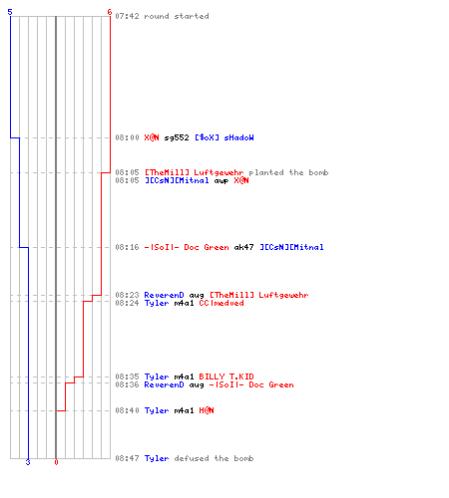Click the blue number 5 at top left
[10, 12]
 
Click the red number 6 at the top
[110, 12]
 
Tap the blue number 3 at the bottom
[28, 462]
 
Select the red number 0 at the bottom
[56, 462]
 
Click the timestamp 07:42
[127, 16]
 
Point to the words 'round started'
[177, 16]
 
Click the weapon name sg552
[177, 137]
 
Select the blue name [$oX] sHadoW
[224, 137]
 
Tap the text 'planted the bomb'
[288, 172]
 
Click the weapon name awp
[222, 181]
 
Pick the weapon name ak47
[243, 247]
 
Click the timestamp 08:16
[127, 247]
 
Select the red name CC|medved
[222, 303]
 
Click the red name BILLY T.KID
[226, 376]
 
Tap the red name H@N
[207, 410]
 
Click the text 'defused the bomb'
[214, 458]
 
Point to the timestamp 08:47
[127, 458]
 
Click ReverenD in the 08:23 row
[164, 295]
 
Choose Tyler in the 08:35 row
[157, 377]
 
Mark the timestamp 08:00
[127, 137]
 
